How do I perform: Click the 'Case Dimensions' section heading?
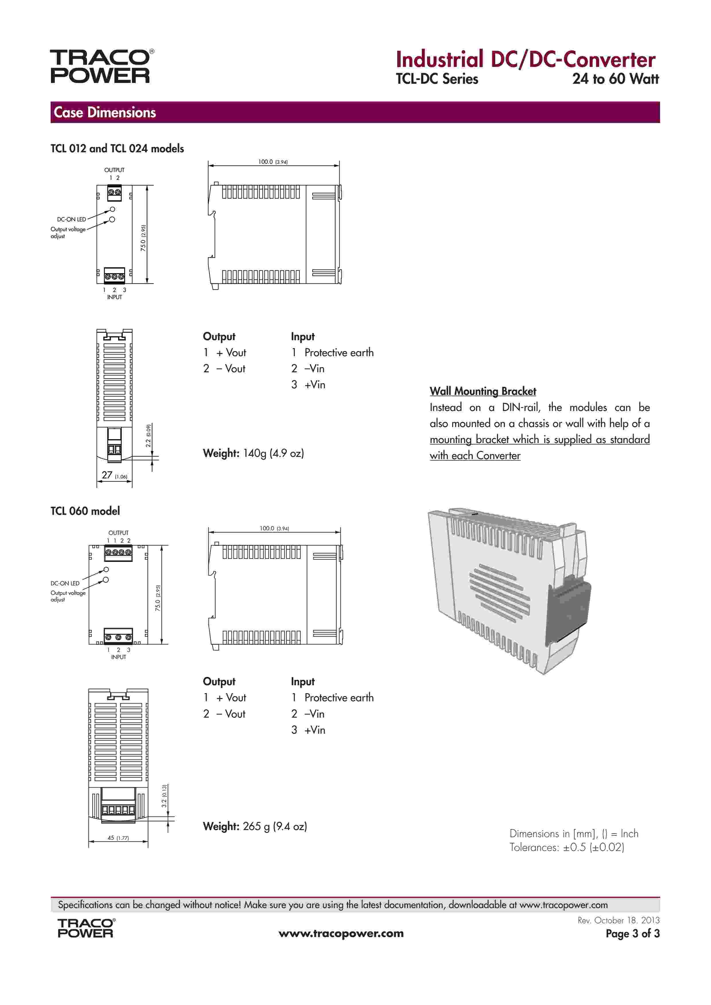[x=105, y=112]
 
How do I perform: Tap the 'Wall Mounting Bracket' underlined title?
[x=482, y=391]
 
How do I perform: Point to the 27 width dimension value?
[x=107, y=475]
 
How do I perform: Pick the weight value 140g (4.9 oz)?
[x=273, y=453]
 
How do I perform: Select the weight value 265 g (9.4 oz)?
[x=274, y=826]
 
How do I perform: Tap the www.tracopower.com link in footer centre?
[x=341, y=933]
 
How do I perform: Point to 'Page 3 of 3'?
[x=632, y=933]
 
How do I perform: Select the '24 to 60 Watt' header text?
[x=615, y=79]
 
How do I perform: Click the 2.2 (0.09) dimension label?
[x=148, y=436]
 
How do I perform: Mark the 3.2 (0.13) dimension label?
[x=164, y=797]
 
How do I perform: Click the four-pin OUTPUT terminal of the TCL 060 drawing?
[x=118, y=553]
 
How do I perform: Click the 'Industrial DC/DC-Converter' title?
[x=525, y=60]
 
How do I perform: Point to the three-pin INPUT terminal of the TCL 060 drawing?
[x=118, y=636]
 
